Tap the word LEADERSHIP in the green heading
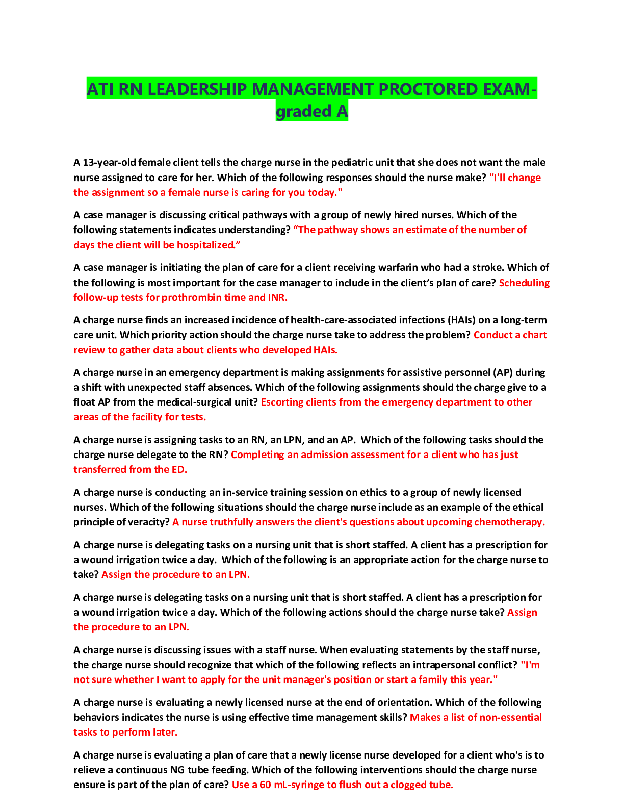point(198,89)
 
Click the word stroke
point(489,268)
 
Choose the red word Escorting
point(282,402)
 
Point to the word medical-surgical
point(179,402)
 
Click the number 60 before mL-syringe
point(265,785)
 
